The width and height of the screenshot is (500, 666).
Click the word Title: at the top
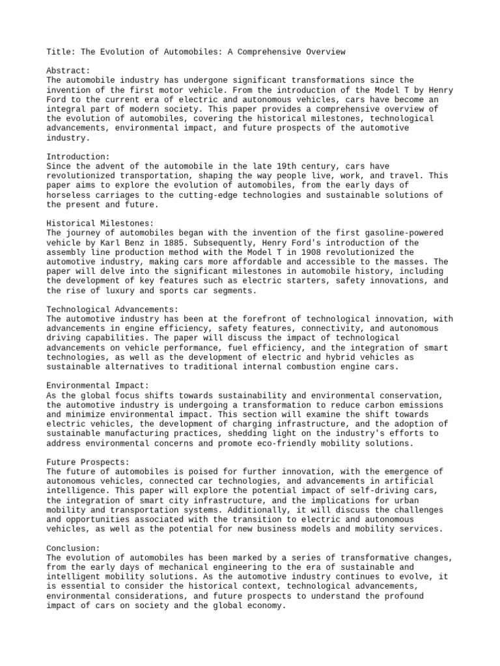[x=61, y=52]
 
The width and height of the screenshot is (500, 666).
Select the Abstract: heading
[x=68, y=71]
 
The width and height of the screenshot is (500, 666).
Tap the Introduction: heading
[x=79, y=157]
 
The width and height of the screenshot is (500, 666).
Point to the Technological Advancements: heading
[x=112, y=309]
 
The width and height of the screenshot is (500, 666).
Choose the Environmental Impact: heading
[x=98, y=386]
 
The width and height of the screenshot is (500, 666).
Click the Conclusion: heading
[x=74, y=548]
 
